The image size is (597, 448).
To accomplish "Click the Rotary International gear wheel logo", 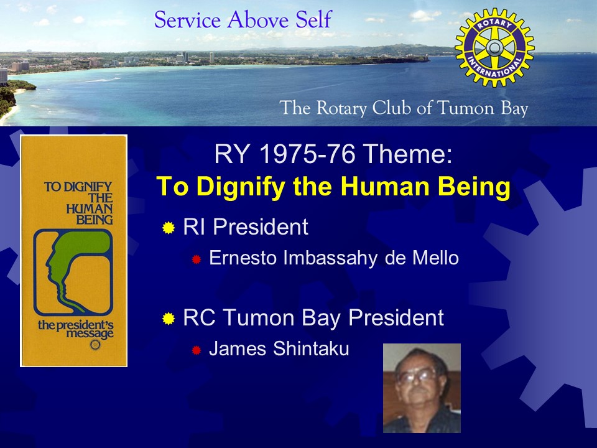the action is point(494,48).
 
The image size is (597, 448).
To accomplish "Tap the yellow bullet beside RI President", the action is point(169,228).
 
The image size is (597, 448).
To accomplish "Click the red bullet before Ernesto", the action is point(196,259).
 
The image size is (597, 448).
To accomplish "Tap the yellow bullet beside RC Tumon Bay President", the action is point(169,319).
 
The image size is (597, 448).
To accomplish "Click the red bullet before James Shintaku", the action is point(196,350).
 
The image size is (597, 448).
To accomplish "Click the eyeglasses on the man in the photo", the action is point(416,376).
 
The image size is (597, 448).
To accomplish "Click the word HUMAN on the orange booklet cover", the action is point(90,209).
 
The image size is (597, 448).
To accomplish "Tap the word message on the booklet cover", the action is point(90,334).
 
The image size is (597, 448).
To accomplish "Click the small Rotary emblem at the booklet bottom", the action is point(95,345).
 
